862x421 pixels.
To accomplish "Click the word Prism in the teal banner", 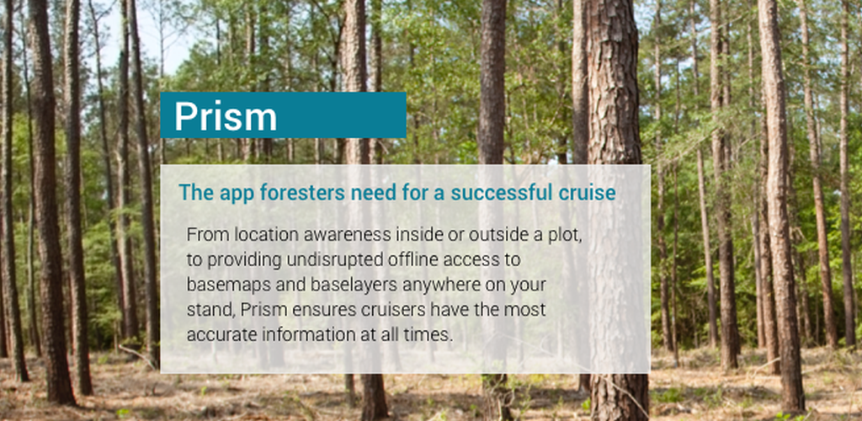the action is click(226, 116).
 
